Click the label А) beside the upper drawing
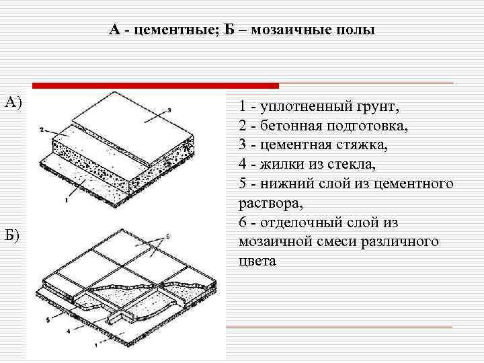pos(13,102)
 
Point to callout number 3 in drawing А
pos(170,109)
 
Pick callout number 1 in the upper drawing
pos(67,200)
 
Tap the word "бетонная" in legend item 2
pos(292,126)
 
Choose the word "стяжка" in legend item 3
pos(372,145)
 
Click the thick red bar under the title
pos(155,85)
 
